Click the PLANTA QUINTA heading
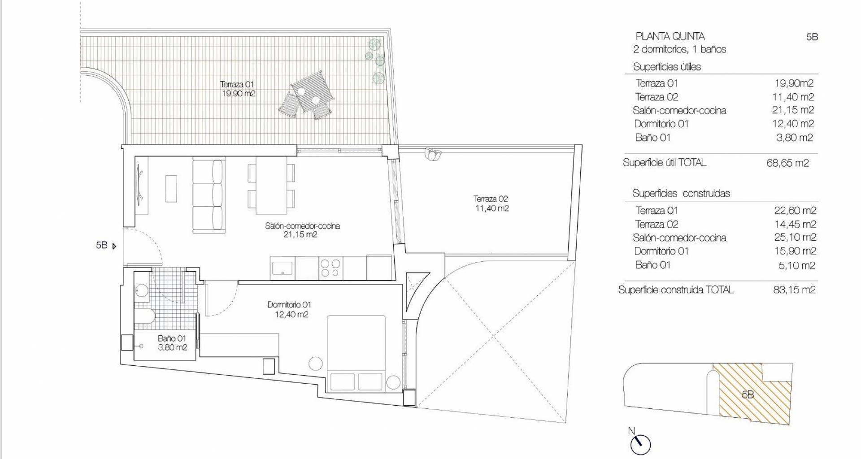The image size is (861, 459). tap(670, 36)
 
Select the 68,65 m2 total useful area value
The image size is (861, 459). tap(787, 163)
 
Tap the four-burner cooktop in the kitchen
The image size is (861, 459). tap(330, 268)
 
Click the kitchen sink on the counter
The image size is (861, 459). tap(283, 268)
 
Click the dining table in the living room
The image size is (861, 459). tap(271, 185)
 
